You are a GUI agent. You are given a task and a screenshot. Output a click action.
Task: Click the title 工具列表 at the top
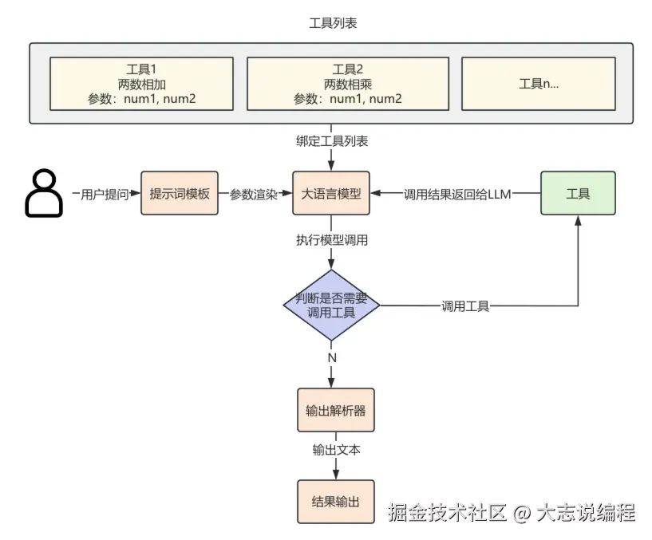point(332,23)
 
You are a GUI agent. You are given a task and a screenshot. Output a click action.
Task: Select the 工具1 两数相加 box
point(141,84)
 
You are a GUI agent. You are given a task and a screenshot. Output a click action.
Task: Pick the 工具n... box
point(538,84)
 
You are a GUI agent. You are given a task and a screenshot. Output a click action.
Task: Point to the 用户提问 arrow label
point(105,194)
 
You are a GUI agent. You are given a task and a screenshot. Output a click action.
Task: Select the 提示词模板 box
point(180,193)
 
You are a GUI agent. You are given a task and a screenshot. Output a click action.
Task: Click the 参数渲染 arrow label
point(254,194)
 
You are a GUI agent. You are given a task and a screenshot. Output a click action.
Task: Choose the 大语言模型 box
point(331,193)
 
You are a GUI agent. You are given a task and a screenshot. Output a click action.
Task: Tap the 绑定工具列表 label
point(331,141)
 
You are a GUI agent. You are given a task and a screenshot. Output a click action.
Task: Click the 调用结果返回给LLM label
point(456,194)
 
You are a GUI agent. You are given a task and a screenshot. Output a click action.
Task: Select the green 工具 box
point(578,193)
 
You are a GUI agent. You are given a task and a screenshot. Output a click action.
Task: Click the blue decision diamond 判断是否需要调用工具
point(331,305)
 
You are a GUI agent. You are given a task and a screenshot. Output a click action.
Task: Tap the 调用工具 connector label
point(465,306)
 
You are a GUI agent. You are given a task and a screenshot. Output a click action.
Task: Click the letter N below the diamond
point(332,357)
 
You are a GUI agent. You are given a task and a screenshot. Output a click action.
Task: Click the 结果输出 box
point(335,502)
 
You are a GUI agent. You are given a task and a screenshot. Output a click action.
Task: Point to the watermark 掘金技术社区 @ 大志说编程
point(511,512)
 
